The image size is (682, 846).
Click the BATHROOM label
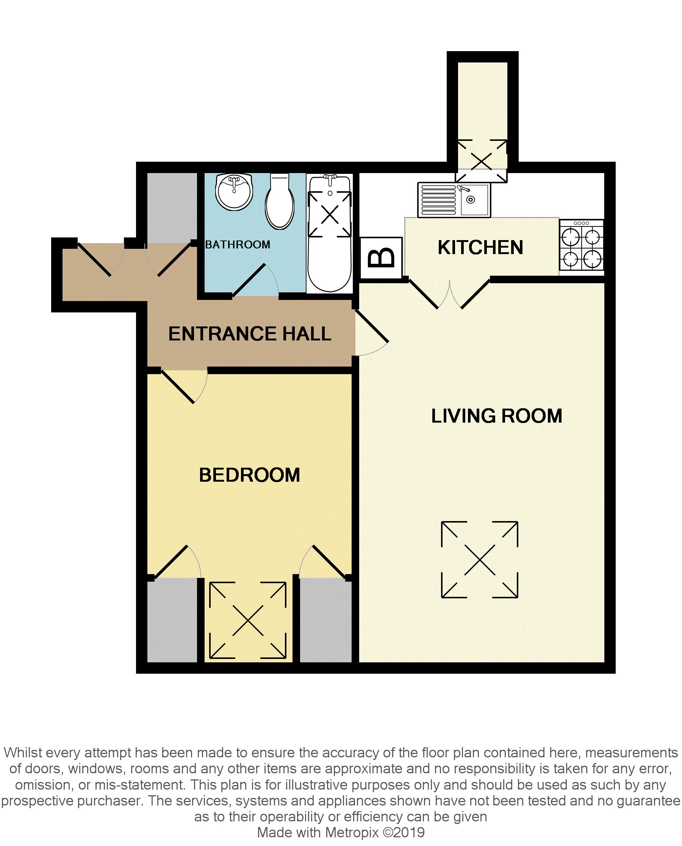[x=238, y=245]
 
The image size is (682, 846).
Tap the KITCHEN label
[x=480, y=247]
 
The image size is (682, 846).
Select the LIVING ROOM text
[x=497, y=416]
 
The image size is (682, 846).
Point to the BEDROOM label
[x=249, y=475]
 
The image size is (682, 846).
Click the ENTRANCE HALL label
[x=250, y=334]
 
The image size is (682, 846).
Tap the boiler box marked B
[x=381, y=258]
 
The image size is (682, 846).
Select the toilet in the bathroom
[x=279, y=201]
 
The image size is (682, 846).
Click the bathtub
[x=330, y=234]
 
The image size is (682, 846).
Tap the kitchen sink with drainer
[x=454, y=200]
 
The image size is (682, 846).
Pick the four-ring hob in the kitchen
[x=582, y=245]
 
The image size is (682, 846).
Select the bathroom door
[x=255, y=280]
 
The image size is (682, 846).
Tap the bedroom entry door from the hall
[x=184, y=387]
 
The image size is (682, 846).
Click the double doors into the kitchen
[x=449, y=293]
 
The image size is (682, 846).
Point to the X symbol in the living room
[x=480, y=559]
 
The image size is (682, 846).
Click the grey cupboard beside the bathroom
[x=172, y=208]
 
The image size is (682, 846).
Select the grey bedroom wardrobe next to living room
[x=326, y=620]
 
